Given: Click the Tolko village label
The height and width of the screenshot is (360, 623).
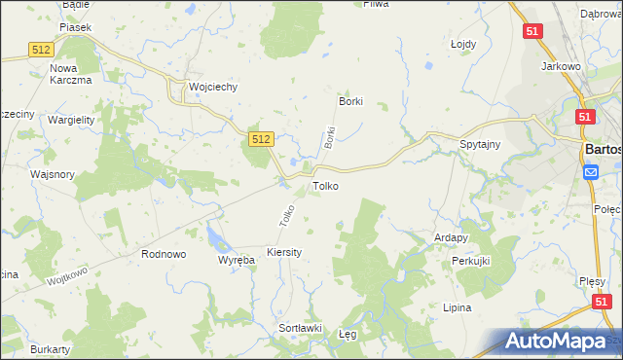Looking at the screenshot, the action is tap(325, 185).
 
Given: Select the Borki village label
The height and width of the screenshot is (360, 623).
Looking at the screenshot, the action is tap(349, 101).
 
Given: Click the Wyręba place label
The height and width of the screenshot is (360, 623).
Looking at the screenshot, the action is tap(236, 261).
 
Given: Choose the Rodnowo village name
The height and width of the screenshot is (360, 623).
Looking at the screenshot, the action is tap(164, 254).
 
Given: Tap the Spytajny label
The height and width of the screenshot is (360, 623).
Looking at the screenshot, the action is tap(480, 144).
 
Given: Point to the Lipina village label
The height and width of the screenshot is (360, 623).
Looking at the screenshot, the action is tap(456, 307).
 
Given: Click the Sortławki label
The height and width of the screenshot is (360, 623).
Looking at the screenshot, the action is tap(300, 328).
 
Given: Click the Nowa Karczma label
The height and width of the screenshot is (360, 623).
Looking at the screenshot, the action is tap(70, 74).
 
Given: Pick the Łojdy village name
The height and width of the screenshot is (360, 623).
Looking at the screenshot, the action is tap(462, 45).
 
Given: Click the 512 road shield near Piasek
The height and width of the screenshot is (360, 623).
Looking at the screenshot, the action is tap(40, 49).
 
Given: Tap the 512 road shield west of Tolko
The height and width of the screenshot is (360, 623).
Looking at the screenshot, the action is tap(259, 140).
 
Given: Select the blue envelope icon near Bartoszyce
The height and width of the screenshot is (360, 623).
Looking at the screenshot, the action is tap(591, 172).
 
